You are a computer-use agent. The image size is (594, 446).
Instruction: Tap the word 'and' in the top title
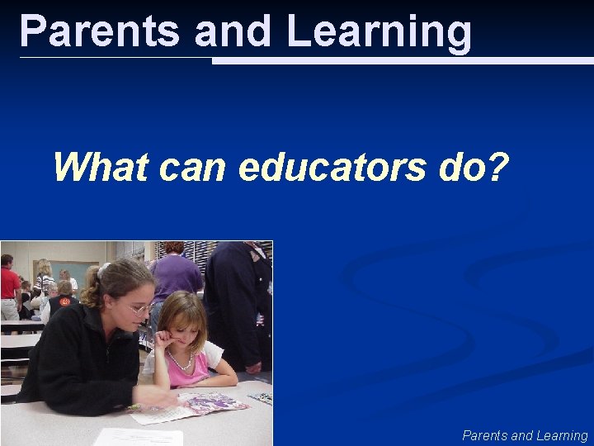click(x=233, y=31)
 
